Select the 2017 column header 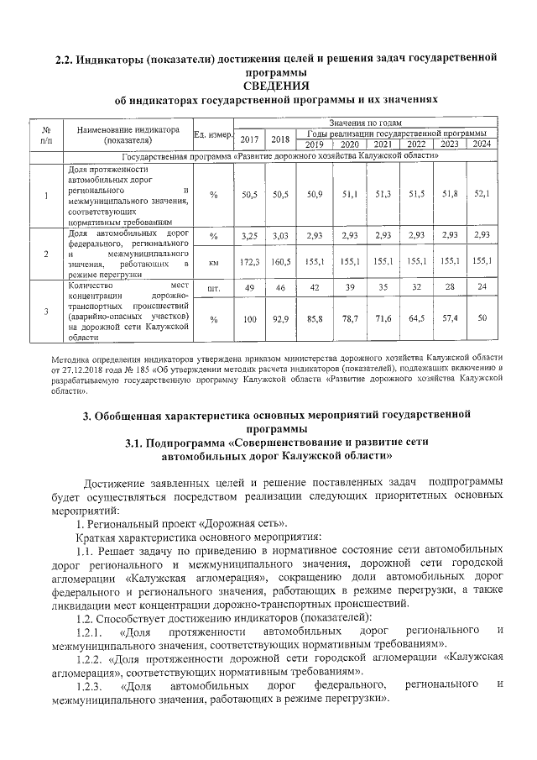pyautogui.click(x=249, y=139)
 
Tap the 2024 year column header pyautogui.click(x=481, y=144)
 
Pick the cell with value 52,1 pyautogui.click(x=481, y=194)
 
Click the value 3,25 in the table pyautogui.click(x=249, y=236)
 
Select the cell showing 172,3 pyautogui.click(x=249, y=262)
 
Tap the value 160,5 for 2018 pyautogui.click(x=281, y=262)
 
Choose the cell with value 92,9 pyautogui.click(x=281, y=319)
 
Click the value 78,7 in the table pyautogui.click(x=350, y=319)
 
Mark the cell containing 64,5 pyautogui.click(x=417, y=319)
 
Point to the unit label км pyautogui.click(x=213, y=262)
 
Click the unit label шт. pyautogui.click(x=213, y=287)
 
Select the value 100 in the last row pyautogui.click(x=249, y=319)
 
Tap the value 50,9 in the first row pyautogui.click(x=315, y=194)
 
